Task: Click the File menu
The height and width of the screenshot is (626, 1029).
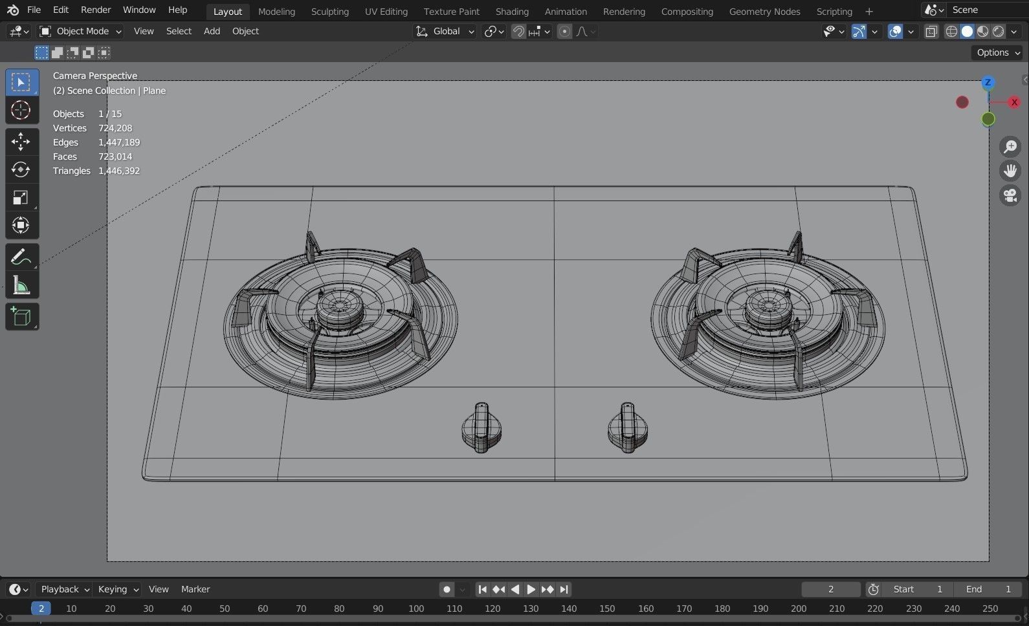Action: coord(34,10)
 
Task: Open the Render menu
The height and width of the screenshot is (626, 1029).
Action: coord(96,10)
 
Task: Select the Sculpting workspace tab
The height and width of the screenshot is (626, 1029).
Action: coord(329,12)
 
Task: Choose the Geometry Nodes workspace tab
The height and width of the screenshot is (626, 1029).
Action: coord(764,12)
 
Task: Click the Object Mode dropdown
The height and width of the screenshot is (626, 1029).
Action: coord(81,31)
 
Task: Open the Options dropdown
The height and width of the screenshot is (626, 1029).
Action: coord(997,52)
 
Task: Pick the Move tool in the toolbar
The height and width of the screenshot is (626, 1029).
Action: coord(21,141)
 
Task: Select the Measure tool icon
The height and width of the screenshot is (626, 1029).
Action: coord(21,285)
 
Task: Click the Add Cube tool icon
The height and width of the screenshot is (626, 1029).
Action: coord(21,317)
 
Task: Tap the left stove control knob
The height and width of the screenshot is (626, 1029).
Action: coord(481,429)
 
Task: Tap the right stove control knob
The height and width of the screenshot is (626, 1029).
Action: coord(627,428)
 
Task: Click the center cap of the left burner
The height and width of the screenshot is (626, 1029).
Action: coord(339,304)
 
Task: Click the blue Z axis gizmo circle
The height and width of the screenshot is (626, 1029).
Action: coord(988,82)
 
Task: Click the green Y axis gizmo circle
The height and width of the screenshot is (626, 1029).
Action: coord(988,119)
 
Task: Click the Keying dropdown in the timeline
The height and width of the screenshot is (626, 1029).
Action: coord(118,589)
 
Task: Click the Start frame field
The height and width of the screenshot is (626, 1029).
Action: coord(917,589)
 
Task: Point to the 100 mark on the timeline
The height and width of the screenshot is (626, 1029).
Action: coord(416,609)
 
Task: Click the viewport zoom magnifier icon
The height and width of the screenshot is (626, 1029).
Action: coord(1010,147)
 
